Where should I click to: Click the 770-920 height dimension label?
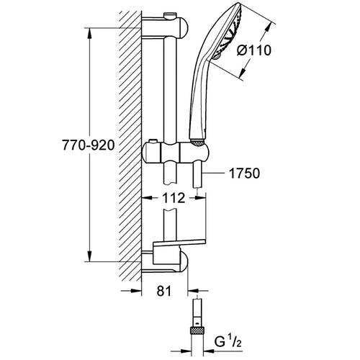tap(89, 145)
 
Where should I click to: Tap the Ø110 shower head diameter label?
tap(254, 50)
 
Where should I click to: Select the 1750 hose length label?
tap(244, 174)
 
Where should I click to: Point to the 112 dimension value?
tap(174, 198)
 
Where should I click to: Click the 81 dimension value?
tap(164, 291)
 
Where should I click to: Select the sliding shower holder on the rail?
tap(176, 152)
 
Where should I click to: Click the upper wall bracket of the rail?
tap(165, 28)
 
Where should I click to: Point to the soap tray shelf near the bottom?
tap(179, 243)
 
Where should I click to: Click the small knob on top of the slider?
tap(152, 141)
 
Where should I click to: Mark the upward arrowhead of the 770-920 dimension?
tap(89, 33)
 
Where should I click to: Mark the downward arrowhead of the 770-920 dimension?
tap(89, 256)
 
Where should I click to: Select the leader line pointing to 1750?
tap(214, 173)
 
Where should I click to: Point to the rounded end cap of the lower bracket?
tap(184, 261)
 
